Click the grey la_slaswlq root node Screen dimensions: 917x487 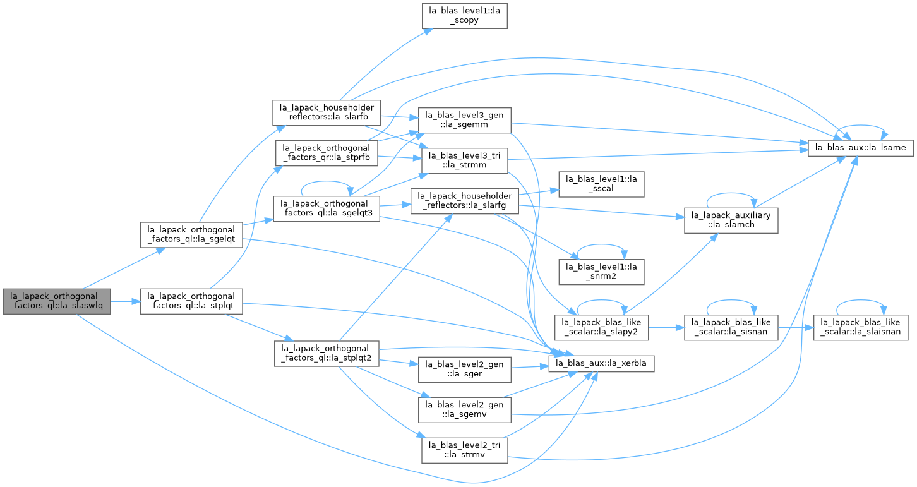pyautogui.click(x=56, y=301)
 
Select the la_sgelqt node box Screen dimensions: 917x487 pyautogui.click(x=191, y=235)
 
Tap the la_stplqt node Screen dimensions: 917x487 pyautogui.click(x=191, y=301)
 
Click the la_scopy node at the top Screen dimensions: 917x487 pyautogui.click(x=465, y=16)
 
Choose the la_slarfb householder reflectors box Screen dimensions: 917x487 pyautogui.click(x=327, y=112)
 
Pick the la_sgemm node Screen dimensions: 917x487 pyautogui.click(x=465, y=120)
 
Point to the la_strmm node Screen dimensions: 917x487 pyautogui.click(x=465, y=160)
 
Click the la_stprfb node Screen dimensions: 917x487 pyautogui.click(x=327, y=153)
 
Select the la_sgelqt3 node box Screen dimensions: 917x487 pyautogui.click(x=327, y=208)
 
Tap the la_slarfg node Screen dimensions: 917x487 pyautogui.click(x=465, y=201)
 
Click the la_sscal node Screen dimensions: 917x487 pyautogui.click(x=601, y=184)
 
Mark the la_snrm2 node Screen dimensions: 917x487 pyautogui.click(x=601, y=272)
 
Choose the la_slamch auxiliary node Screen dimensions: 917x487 pyautogui.click(x=731, y=221)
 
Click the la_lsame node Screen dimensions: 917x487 pyautogui.click(x=861, y=148)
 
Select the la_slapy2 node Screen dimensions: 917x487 pyautogui.click(x=601, y=327)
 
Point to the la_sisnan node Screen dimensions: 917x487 pyautogui.click(x=731, y=327)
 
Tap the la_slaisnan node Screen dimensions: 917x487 pyautogui.click(x=861, y=327)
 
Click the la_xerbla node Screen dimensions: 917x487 pyautogui.click(x=601, y=364)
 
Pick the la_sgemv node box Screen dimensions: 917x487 pyautogui.click(x=465, y=409)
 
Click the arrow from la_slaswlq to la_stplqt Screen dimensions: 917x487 pyautogui.click(x=125, y=301)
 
